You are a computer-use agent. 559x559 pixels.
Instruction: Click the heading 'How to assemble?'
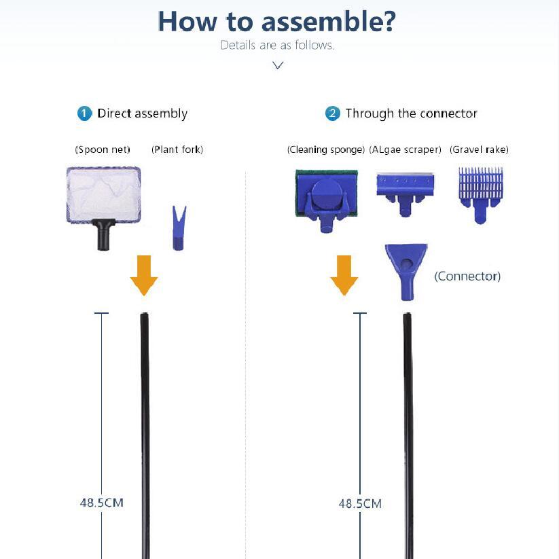click(x=276, y=22)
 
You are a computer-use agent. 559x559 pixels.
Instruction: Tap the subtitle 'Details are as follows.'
click(x=277, y=46)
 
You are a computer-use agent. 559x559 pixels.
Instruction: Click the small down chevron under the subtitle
click(x=277, y=65)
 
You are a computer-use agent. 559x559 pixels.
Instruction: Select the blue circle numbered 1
click(x=84, y=113)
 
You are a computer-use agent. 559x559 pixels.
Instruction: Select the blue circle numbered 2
click(x=332, y=113)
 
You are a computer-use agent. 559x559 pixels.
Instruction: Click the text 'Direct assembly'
click(x=142, y=113)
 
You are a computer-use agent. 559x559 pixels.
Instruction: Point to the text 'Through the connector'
click(x=411, y=113)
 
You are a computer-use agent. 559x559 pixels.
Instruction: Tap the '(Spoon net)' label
click(x=103, y=149)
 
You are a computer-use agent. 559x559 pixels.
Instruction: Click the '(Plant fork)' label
click(x=177, y=149)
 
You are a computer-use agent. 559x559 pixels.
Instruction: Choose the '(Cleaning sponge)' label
click(x=326, y=149)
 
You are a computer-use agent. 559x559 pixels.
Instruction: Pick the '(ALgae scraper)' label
click(x=405, y=149)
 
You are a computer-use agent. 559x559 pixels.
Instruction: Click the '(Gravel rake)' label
click(x=479, y=149)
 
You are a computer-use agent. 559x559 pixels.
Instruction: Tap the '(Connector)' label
click(x=467, y=276)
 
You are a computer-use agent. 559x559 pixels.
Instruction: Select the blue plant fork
click(x=178, y=230)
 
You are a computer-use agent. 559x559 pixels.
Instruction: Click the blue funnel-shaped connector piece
click(x=406, y=270)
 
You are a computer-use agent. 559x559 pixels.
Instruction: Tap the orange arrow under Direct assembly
click(x=143, y=275)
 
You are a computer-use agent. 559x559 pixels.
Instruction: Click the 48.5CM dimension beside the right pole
click(x=360, y=503)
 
